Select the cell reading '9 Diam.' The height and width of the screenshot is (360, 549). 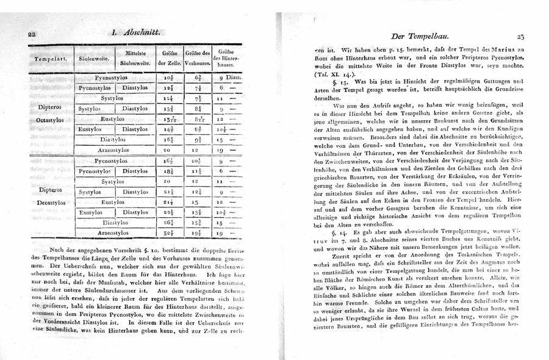(231, 79)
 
